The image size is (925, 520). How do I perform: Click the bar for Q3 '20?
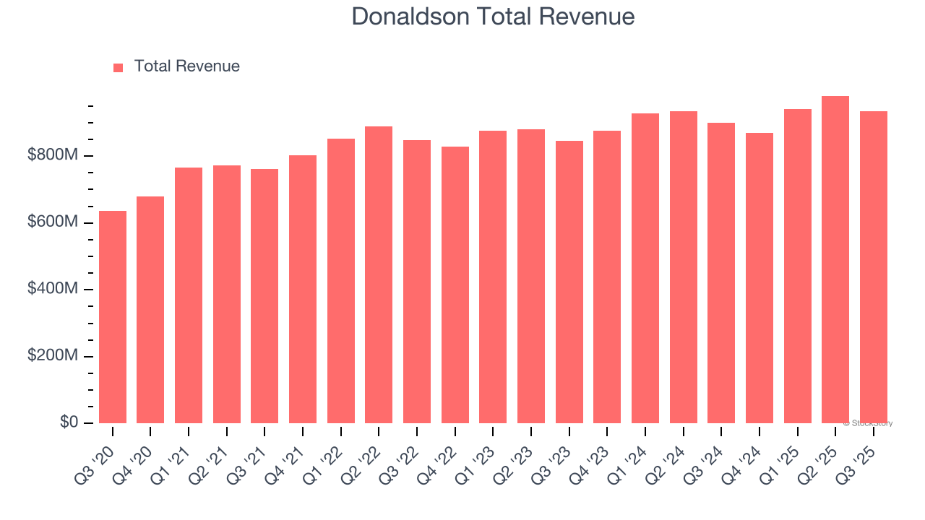click(x=113, y=317)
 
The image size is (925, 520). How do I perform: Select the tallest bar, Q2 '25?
click(x=835, y=260)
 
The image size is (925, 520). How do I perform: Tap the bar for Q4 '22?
click(x=455, y=285)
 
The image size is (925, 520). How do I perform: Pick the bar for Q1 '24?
click(x=645, y=269)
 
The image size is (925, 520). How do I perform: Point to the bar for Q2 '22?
click(x=379, y=275)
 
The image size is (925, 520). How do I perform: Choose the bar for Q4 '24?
click(x=760, y=278)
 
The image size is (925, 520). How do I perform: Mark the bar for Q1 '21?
click(x=189, y=295)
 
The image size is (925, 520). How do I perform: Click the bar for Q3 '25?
click(x=874, y=267)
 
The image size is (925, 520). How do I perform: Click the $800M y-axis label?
click(x=53, y=155)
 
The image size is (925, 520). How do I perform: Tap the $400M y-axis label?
click(x=53, y=289)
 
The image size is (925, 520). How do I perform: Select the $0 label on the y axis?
click(x=69, y=422)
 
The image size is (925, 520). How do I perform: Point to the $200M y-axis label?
click(x=53, y=356)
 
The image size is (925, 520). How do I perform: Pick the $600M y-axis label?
click(x=53, y=222)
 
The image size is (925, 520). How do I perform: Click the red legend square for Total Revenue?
click(x=119, y=67)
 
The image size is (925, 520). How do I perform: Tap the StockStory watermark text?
click(x=869, y=423)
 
